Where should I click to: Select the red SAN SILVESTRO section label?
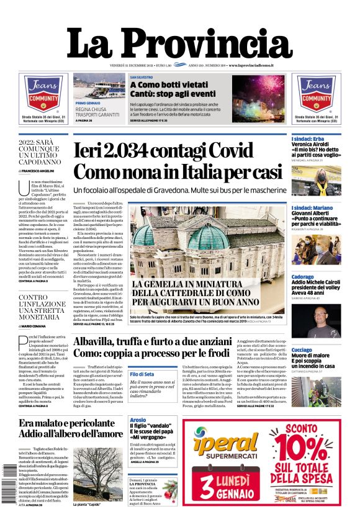coord(142,78)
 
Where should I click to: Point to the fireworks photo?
coord(259,98)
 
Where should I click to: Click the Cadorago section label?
coord(303,277)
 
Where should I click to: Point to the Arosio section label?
coord(138,420)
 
